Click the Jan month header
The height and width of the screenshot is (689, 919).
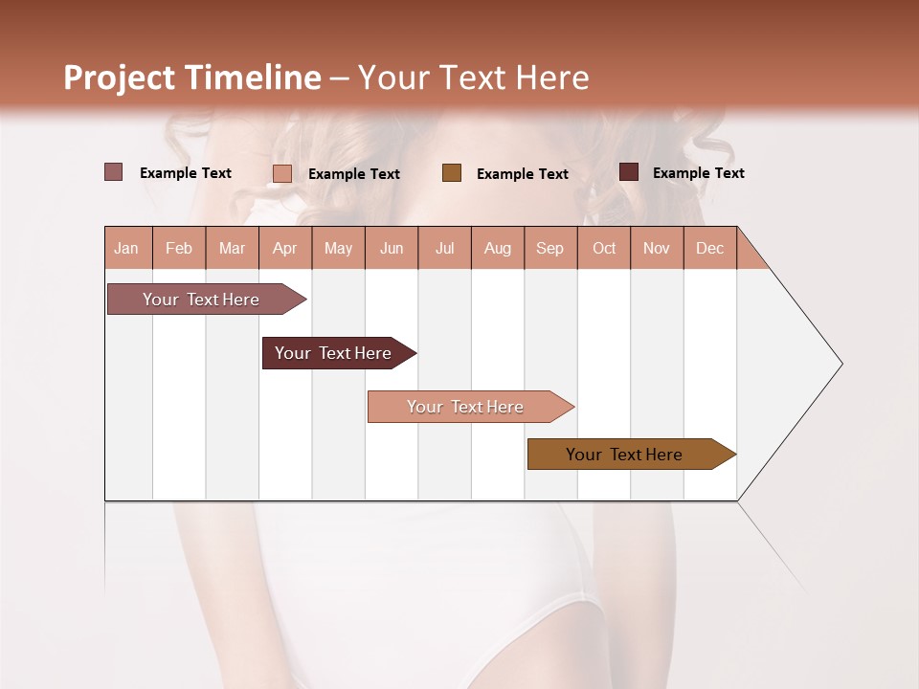pyautogui.click(x=127, y=248)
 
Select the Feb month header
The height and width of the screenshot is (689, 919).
pyautogui.click(x=179, y=248)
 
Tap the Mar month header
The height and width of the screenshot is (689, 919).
pyautogui.click(x=232, y=248)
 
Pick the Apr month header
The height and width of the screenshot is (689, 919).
pyautogui.click(x=285, y=248)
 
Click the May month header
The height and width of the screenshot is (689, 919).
pyautogui.click(x=338, y=248)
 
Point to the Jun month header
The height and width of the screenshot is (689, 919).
pyautogui.click(x=392, y=248)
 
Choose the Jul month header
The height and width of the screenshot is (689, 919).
pyautogui.click(x=444, y=248)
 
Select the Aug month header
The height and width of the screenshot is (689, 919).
pyautogui.click(x=498, y=248)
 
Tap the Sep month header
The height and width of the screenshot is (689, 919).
pyautogui.click(x=550, y=248)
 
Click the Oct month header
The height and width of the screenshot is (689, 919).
pyautogui.click(x=604, y=248)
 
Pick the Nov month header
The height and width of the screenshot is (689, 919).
pyautogui.click(x=657, y=248)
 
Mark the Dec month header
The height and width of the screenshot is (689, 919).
pyautogui.click(x=710, y=248)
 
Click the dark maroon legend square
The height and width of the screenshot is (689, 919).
pyautogui.click(x=629, y=172)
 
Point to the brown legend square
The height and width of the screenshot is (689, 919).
pyautogui.click(x=452, y=173)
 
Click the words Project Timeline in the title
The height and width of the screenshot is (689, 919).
pyautogui.click(x=192, y=78)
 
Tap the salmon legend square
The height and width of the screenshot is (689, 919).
pyautogui.click(x=282, y=173)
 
